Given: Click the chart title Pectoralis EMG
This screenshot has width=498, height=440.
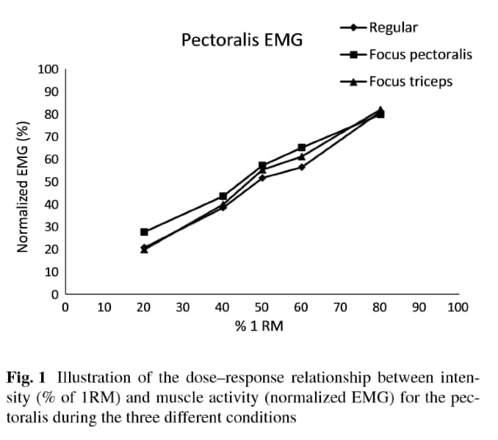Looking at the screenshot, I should [x=242, y=40].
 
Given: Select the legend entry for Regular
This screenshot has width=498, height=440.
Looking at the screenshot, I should [x=393, y=28].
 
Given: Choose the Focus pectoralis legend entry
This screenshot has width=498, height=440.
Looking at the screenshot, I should [x=420, y=54].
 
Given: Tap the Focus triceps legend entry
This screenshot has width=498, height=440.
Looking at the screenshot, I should [x=411, y=81].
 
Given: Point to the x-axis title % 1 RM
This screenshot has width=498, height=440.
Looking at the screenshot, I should [x=259, y=325].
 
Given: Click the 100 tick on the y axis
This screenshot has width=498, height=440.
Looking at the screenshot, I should [x=48, y=70].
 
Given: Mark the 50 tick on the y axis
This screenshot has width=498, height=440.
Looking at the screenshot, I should [x=51, y=182].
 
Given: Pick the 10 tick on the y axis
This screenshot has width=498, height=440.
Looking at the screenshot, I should [x=51, y=273].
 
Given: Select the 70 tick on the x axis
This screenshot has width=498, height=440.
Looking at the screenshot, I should [x=340, y=307].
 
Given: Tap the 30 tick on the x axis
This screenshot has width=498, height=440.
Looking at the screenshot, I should [x=183, y=307].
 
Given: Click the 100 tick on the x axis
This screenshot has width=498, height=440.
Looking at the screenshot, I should [x=458, y=307].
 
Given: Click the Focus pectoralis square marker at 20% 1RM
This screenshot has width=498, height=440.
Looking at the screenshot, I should [x=144, y=232].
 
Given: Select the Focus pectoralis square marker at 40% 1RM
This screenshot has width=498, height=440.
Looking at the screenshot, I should [x=223, y=196].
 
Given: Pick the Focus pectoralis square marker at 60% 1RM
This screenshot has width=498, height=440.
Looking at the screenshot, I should [x=301, y=148].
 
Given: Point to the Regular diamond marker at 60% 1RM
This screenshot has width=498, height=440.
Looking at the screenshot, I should [x=301, y=167].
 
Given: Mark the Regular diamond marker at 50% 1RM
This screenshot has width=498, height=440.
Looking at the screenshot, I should [x=262, y=178].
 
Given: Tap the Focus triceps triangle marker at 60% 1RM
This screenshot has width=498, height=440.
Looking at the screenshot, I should [x=301, y=156].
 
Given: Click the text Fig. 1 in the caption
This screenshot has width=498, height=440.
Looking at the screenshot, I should [x=26, y=379].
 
